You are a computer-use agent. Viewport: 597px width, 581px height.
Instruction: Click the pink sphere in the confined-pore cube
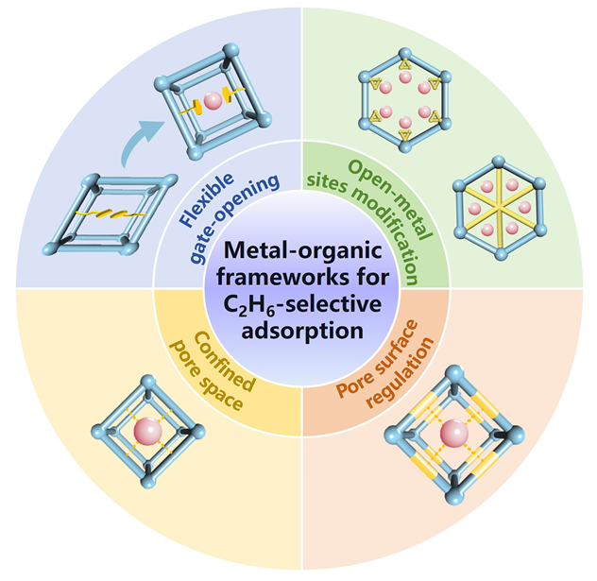pyautogui.click(x=146, y=434)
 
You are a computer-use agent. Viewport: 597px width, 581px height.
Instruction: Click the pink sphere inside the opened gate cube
pyautogui.click(x=213, y=100)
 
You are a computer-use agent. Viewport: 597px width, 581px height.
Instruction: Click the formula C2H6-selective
pyautogui.click(x=298, y=306)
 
